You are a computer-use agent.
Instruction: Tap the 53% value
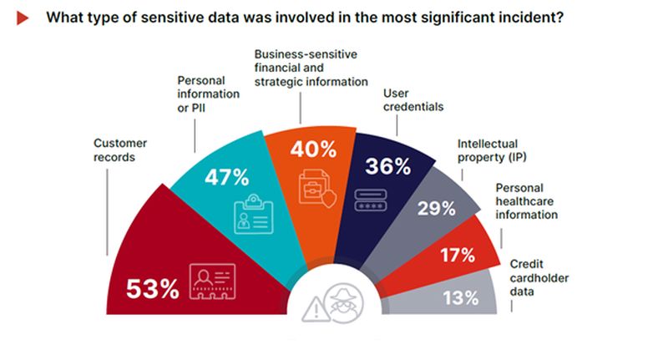click(x=153, y=288)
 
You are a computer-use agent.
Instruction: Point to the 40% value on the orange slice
click(x=313, y=150)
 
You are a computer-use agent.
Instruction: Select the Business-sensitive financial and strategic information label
click(x=311, y=68)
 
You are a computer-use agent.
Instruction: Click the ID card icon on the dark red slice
click(x=213, y=283)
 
